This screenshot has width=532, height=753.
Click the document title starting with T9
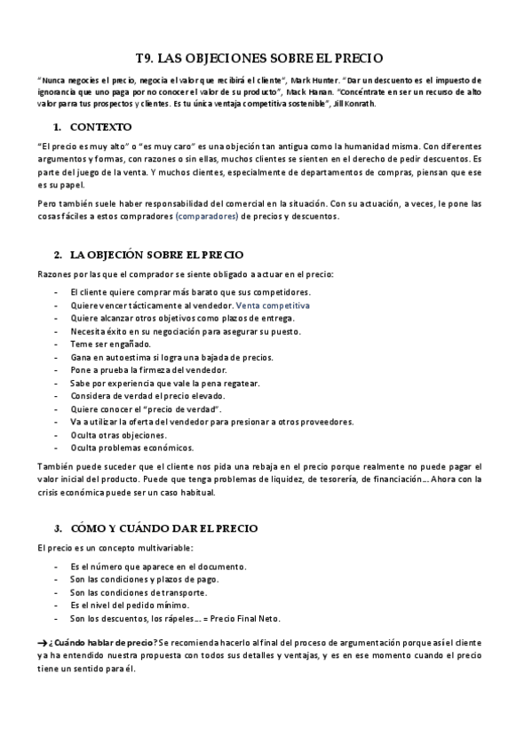pos(266,58)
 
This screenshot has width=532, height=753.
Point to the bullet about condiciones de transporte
pos(139,592)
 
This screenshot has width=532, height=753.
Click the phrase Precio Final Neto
pos(252,619)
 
